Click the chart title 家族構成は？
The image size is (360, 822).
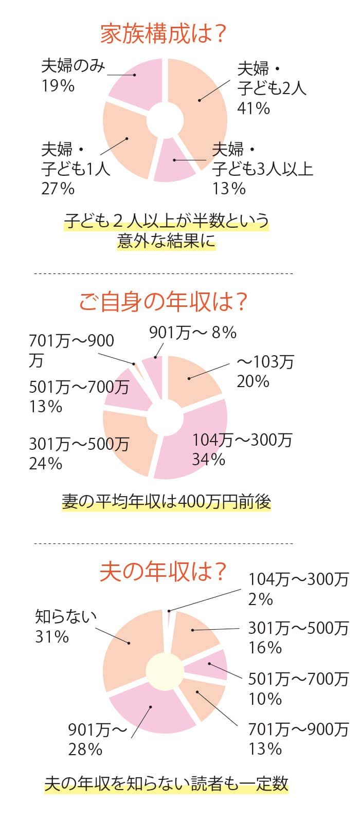pos(164,34)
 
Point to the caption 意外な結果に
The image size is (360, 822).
pos(166,241)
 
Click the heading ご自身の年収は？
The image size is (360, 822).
pos(164,302)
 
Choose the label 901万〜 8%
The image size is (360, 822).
pos(192,333)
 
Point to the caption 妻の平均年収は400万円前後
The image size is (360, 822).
pos(166,501)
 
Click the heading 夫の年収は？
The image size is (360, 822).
pos(164,572)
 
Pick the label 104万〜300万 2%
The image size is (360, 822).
pos(298,589)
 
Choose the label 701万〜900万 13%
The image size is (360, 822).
pos(298,738)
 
